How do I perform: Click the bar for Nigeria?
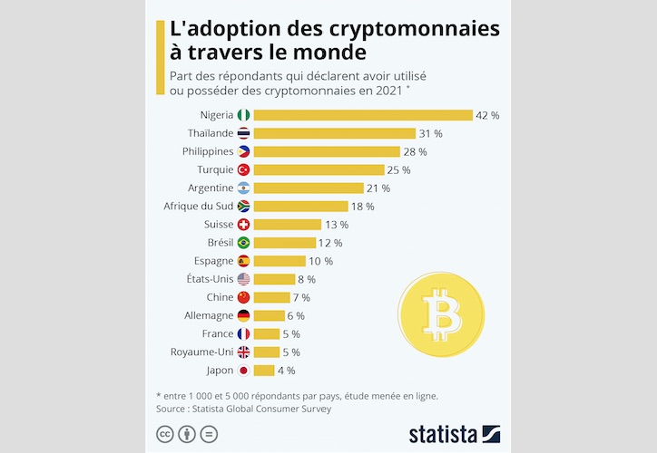pos(363,115)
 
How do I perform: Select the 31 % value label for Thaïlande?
pos(431,133)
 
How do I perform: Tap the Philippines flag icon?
pos(243,151)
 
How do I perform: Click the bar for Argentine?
pos(308,188)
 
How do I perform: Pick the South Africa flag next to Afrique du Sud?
pos(243,206)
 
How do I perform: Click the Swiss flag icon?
pos(243,224)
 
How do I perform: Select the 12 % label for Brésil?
pos(330,243)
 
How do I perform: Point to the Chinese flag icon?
pos(243,297)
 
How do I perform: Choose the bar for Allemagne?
pos(269,315)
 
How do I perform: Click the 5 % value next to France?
pos(290,333)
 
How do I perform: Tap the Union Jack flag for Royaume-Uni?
pos(243,352)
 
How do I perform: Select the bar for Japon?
pos(264,370)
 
